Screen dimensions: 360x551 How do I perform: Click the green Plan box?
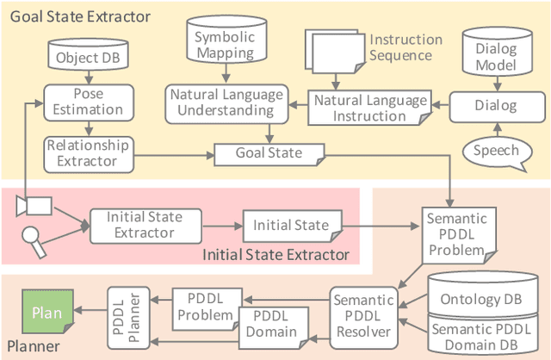pos(46,313)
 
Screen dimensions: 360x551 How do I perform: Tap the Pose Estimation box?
pos(77,100)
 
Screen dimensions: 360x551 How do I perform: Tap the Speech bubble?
pos(497,152)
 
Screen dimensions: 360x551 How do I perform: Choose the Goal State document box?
pos(269,152)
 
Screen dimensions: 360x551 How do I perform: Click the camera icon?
pos(34,204)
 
